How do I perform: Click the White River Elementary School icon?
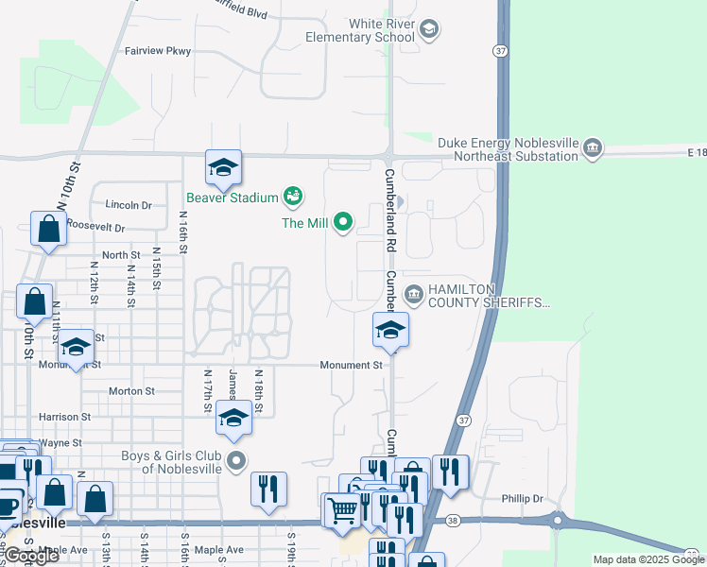point(429,29)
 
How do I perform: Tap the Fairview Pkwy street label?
point(159,52)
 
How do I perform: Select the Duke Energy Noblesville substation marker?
point(593,148)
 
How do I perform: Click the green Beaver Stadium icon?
point(293,197)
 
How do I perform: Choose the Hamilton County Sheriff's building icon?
point(413,295)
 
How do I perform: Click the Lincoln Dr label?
point(129,205)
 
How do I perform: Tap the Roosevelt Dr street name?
point(95,228)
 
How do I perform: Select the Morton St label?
point(131,391)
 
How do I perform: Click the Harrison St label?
point(64,416)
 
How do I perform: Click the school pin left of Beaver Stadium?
point(224,169)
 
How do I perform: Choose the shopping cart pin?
point(342,511)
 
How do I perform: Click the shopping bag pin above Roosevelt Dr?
point(47,229)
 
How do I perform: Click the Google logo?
point(32,557)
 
